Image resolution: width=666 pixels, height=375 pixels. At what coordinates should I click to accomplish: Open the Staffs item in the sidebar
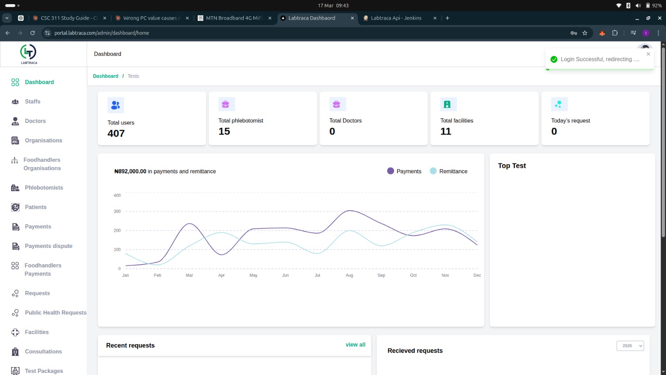(32, 102)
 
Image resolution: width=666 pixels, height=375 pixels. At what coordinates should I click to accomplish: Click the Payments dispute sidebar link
(48, 246)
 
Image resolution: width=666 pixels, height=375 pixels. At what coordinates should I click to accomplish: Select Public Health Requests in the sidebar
(56, 312)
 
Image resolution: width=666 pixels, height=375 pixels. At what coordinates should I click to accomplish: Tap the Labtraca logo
(29, 54)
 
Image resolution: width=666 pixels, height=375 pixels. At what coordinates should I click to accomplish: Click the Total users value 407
(116, 133)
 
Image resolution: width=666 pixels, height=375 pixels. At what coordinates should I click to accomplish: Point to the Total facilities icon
(448, 104)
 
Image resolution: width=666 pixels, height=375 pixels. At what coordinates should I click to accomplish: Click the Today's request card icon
(559, 104)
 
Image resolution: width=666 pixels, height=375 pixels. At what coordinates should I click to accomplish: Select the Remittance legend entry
(449, 171)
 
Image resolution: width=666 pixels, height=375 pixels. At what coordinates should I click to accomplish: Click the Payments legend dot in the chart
(390, 171)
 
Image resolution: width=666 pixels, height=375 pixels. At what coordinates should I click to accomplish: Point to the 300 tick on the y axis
(117, 211)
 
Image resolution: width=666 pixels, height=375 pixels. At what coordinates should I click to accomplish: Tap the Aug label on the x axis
(349, 275)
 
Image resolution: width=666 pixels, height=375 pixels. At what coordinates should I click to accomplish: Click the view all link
(355, 345)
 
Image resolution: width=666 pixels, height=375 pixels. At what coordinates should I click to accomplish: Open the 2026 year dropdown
(630, 345)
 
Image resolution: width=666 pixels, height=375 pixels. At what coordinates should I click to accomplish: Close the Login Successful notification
(648, 54)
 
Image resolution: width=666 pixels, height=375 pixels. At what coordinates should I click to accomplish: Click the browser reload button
(32, 33)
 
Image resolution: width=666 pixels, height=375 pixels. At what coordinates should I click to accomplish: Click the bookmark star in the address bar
(585, 33)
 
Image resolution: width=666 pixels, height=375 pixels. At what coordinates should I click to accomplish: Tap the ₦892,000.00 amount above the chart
(130, 171)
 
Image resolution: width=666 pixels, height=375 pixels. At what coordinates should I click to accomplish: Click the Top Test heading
(512, 166)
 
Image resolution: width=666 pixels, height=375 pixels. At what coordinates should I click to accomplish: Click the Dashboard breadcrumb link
(106, 76)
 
